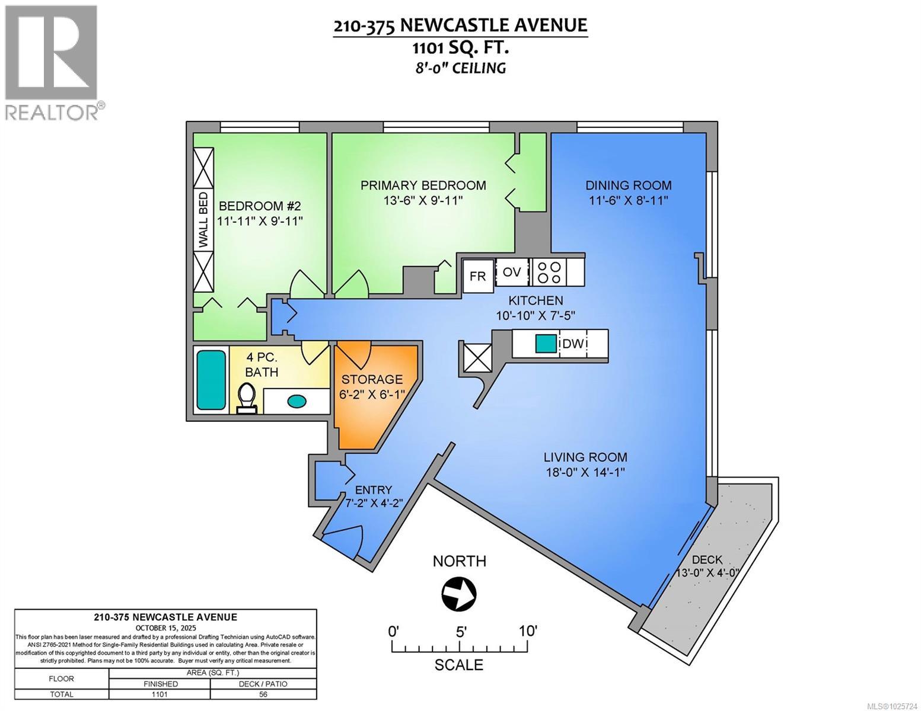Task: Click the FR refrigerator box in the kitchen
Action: [478, 276]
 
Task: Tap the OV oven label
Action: [512, 272]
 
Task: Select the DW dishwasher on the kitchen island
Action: [573, 344]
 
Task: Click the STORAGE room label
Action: [372, 379]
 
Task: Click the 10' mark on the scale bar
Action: [527, 631]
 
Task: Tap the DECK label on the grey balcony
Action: [707, 559]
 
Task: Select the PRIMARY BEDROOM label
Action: [423, 185]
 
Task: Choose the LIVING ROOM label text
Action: [585, 457]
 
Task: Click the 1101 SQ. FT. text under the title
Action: [460, 47]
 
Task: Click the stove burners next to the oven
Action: [549, 271]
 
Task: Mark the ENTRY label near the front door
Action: [373, 489]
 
